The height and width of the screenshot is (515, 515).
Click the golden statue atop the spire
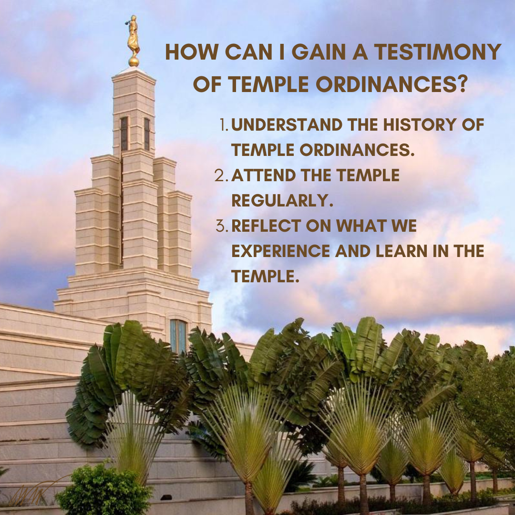point(133,36)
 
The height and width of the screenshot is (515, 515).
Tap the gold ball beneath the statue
point(134,62)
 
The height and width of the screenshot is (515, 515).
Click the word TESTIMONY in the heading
point(437,52)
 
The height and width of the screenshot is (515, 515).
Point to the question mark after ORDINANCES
point(462,84)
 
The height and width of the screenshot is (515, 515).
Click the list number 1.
point(224,125)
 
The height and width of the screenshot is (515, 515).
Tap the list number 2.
point(221,175)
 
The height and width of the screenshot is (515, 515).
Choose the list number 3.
point(222,226)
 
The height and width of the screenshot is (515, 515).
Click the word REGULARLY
point(282,201)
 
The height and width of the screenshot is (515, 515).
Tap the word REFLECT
point(266,226)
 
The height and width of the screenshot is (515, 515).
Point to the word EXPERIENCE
point(280,251)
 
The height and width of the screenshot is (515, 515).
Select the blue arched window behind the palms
point(178,336)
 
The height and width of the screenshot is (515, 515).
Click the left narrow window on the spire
point(124,134)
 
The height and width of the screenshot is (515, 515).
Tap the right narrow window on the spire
point(147,134)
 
